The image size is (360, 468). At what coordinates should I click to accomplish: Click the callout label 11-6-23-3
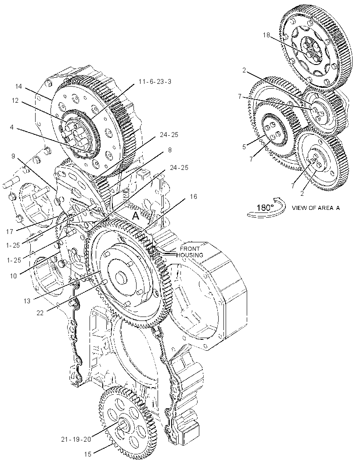[155, 82]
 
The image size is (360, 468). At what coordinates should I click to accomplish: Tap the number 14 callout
[18, 86]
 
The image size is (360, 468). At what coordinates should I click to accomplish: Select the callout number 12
[15, 101]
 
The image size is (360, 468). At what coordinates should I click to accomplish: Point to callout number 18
[266, 35]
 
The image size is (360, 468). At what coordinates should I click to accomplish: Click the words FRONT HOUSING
[190, 252]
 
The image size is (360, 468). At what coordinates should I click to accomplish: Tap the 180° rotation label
[265, 207]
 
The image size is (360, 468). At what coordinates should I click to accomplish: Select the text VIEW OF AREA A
[316, 208]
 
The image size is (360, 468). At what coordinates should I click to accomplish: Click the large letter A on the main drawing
[136, 216]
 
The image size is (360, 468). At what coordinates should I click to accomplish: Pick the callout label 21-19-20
[76, 439]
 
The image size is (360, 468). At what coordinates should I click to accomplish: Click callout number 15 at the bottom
[87, 454]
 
